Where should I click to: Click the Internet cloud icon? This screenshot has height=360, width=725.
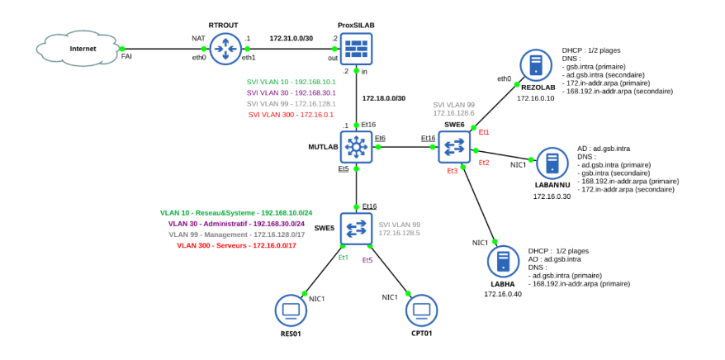pyautogui.click(x=82, y=50)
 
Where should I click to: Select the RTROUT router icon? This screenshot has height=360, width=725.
pyautogui.click(x=224, y=49)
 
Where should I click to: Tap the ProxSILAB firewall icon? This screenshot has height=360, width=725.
pyautogui.click(x=356, y=49)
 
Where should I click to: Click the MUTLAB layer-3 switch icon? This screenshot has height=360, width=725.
pyautogui.click(x=356, y=147)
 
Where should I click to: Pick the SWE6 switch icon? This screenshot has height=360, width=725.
pyautogui.click(x=454, y=147)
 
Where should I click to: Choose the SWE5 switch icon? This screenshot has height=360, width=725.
pyautogui.click(x=356, y=229)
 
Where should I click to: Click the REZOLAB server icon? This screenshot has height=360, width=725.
pyautogui.click(x=536, y=65)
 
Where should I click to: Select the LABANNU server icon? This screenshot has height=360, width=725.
pyautogui.click(x=552, y=163)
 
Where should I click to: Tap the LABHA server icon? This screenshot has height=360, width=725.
pyautogui.click(x=503, y=262)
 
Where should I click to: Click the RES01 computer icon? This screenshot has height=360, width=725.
pyautogui.click(x=291, y=311)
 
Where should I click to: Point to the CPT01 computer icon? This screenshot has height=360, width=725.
pyautogui.click(x=421, y=311)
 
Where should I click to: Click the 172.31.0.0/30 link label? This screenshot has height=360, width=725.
pyautogui.click(x=291, y=38)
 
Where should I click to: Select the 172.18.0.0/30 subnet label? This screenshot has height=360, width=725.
pyautogui.click(x=384, y=98)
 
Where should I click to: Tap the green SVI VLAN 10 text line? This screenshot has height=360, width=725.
pyautogui.click(x=291, y=82)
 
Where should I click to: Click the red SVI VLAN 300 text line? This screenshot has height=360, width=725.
pyautogui.click(x=291, y=115)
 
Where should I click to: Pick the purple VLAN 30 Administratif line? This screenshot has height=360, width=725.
pyautogui.click(x=236, y=224)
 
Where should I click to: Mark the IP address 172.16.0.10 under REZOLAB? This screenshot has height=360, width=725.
pyautogui.click(x=536, y=98)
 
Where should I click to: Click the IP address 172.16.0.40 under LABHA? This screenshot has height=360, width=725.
pyautogui.click(x=503, y=294)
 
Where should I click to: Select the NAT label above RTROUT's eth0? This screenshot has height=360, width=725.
pyautogui.click(x=198, y=38)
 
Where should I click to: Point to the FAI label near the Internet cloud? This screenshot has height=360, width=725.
pyautogui.click(x=126, y=57)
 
